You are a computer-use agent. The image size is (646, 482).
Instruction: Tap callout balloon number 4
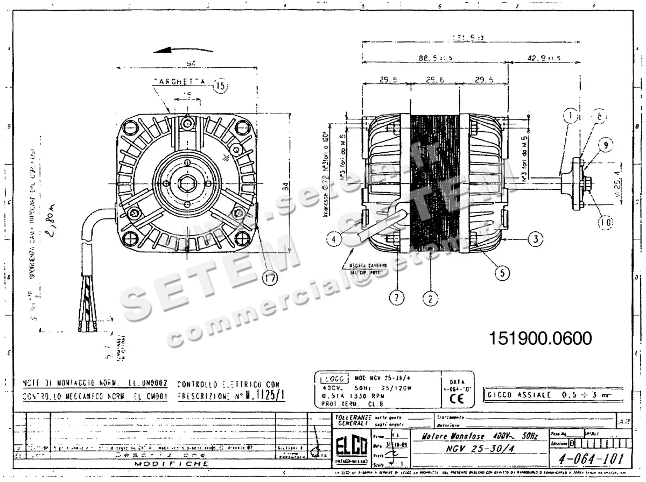(335, 238)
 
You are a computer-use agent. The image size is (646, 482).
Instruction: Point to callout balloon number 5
(502, 273)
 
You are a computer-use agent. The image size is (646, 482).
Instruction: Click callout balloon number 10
(606, 221)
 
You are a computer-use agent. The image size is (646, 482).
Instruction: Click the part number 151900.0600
(540, 338)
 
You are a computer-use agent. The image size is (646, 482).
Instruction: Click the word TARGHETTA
(179, 82)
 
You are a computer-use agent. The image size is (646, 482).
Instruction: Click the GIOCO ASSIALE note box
(554, 395)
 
